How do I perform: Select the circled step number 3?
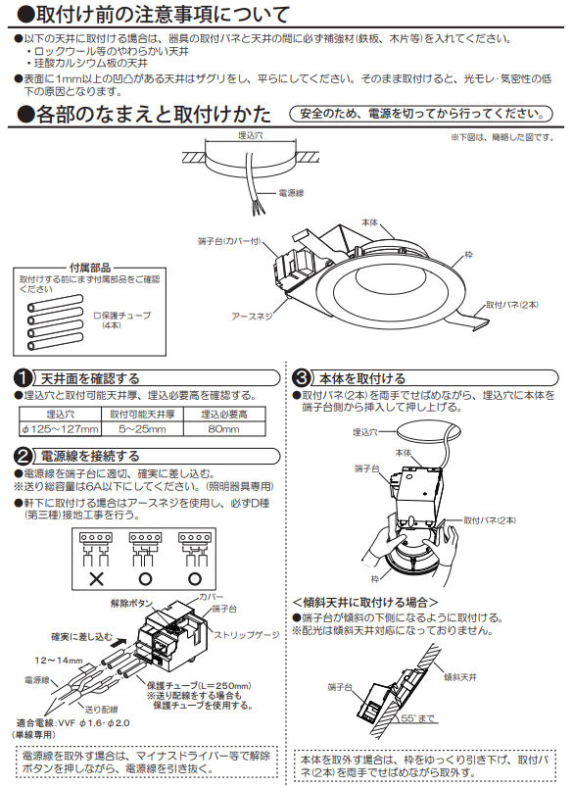(303, 377)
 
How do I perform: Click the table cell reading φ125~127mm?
(60, 429)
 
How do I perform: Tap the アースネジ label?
(252, 317)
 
